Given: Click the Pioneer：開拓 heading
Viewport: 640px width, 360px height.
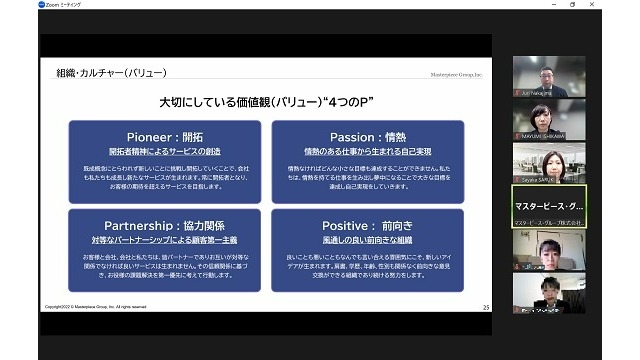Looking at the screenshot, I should (164, 137).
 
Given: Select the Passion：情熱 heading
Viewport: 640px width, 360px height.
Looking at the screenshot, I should (367, 137).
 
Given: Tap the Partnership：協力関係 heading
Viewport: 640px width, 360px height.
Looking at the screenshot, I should (164, 226).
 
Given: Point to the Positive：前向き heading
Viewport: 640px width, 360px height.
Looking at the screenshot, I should (367, 226).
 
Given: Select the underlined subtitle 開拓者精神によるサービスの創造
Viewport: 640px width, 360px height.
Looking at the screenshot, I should (164, 152).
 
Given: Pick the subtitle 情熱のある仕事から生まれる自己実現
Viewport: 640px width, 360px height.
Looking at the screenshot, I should (367, 152).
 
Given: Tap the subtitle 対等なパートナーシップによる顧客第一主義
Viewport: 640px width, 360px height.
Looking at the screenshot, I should (164, 241).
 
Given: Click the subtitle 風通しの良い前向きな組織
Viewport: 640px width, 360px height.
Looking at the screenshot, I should (367, 241).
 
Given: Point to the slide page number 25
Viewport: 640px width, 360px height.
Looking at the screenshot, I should (485, 306).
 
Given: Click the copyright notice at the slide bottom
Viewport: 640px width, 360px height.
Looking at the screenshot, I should (95, 306).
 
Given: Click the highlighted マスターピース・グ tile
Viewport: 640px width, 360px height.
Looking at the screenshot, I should (548, 206).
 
